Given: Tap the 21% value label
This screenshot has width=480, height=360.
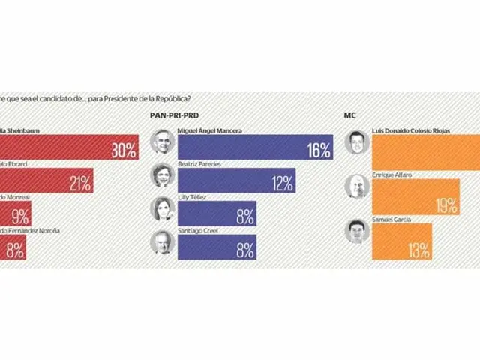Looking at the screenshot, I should [x=80, y=183].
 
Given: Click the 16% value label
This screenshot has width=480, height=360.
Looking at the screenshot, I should [x=319, y=150].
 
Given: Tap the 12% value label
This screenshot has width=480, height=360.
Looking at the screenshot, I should [x=282, y=183].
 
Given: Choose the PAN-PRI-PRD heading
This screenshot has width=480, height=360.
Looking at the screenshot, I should [x=179, y=115].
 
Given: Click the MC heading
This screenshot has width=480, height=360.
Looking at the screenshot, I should [x=349, y=115].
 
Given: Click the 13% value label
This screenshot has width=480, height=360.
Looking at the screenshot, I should [x=419, y=249].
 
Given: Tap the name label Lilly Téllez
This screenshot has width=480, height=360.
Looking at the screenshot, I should [x=191, y=197].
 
